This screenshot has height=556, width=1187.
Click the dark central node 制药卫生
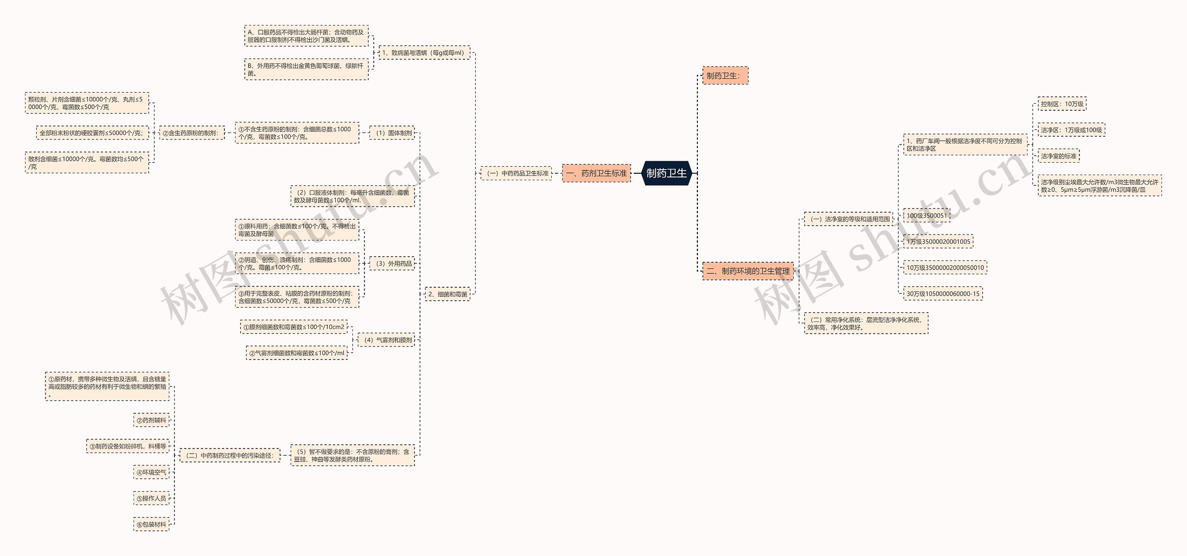[666, 173]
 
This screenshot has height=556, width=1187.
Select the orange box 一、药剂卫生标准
[596, 173]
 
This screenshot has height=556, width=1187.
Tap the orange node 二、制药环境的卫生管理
[748, 271]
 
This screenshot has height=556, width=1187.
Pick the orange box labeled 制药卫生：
[725, 76]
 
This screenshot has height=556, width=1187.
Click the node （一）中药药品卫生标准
[516, 173]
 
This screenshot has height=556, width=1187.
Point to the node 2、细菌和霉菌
[447, 294]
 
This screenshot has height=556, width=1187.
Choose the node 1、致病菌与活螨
[424, 53]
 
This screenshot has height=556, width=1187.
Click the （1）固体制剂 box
[392, 133]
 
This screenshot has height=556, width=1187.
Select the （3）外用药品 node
[392, 264]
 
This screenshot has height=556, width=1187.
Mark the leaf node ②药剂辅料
[151, 420]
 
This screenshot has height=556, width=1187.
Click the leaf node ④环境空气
[151, 473]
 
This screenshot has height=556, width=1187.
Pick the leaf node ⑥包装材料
[151, 524]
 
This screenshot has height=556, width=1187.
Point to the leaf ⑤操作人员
[151, 499]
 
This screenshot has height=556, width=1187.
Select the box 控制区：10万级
[1062, 104]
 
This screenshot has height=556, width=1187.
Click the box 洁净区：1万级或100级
[1071, 130]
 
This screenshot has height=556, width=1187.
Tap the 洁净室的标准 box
[1059, 156]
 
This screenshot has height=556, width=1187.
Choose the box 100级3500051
[926, 215]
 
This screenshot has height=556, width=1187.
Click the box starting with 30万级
[943, 294]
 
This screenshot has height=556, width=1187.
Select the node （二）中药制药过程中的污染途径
[230, 455]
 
